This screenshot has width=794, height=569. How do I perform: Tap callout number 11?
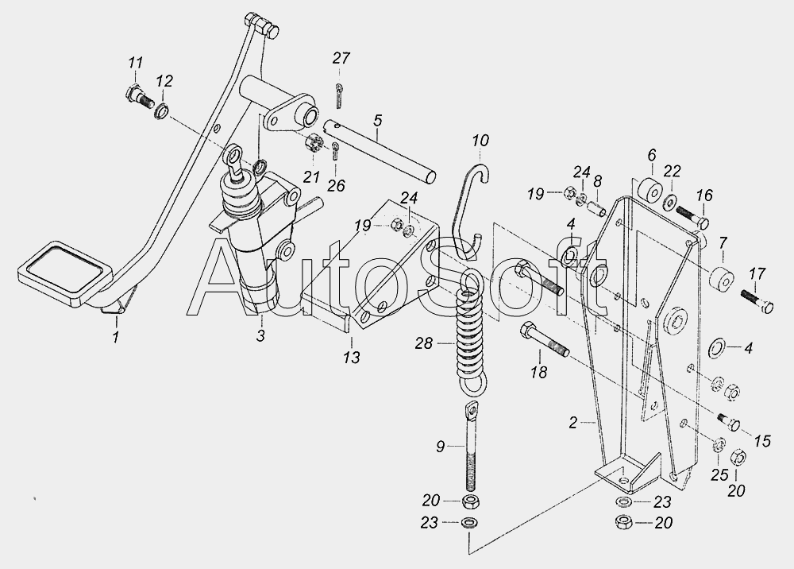135,64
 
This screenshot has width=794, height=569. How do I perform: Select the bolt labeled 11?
139,98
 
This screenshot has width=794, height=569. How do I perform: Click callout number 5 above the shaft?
377,121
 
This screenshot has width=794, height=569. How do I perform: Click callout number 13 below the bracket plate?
351,357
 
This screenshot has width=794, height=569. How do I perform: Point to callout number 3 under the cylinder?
260,335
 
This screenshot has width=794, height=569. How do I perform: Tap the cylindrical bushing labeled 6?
649,193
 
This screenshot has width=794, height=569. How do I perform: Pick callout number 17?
757,274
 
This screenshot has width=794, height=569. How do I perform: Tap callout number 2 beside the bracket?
572,423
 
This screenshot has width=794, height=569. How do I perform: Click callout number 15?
762,441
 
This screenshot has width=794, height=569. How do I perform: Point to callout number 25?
719,474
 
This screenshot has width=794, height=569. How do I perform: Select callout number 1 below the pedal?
116,337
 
